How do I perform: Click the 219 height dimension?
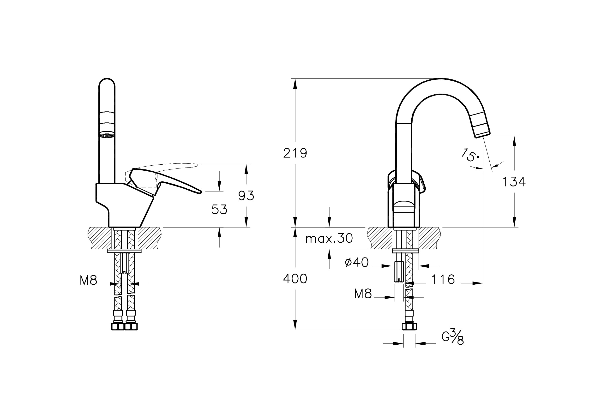click(x=295, y=153)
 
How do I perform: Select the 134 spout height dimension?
click(x=514, y=182)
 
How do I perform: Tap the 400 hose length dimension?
click(x=295, y=279)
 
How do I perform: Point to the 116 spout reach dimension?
click(x=443, y=279)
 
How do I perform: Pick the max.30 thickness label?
click(x=329, y=238)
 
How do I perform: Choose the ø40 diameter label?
click(x=357, y=263)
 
